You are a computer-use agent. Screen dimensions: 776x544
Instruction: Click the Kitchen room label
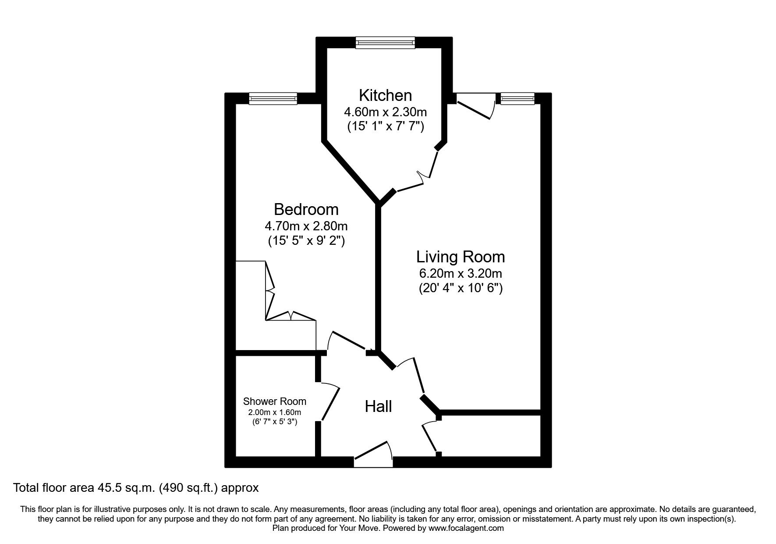pos(385,95)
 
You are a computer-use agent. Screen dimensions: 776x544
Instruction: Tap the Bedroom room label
pos(306,210)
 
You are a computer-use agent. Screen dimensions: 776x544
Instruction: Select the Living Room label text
pos(460,257)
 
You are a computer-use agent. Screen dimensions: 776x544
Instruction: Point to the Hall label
pos(378,407)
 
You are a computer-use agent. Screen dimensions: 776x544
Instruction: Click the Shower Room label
pos(275,401)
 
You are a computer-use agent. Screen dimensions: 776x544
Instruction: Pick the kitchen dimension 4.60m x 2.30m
pos(386,111)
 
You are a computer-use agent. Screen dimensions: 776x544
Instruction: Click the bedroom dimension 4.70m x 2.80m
pos(306,226)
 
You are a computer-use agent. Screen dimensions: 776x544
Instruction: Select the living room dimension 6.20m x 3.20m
pos(461,274)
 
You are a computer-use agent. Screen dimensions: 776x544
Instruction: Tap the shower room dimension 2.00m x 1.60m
pos(275,412)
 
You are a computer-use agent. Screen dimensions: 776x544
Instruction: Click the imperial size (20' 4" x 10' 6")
pos(461,289)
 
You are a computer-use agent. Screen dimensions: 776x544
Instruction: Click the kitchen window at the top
pos(385,43)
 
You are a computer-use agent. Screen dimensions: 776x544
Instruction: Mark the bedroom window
pos(273,98)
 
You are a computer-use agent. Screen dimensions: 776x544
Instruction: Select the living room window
pos(518,98)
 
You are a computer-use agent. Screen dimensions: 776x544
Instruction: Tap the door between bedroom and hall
pos(349,342)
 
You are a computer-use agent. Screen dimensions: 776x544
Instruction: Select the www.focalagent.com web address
pos(466,528)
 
